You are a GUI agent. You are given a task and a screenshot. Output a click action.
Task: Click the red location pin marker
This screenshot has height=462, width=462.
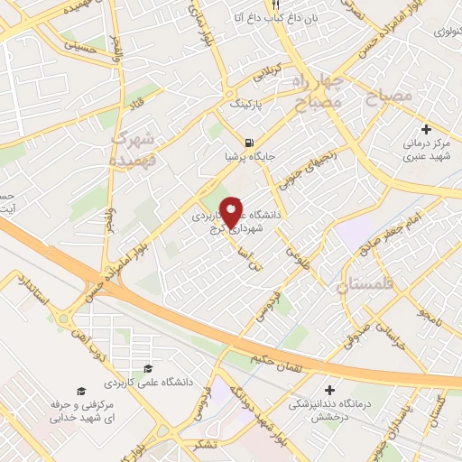point(232,210)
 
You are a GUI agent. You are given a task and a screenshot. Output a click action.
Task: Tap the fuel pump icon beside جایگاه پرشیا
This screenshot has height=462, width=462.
point(248,143)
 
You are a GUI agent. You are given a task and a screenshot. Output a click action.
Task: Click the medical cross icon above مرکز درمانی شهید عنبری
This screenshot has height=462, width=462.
point(426,130)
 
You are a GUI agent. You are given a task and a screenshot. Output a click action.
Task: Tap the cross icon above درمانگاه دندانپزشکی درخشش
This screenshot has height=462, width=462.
point(330,391)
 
